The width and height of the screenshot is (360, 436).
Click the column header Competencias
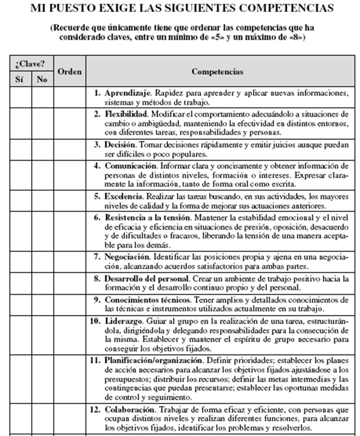tap(217, 72)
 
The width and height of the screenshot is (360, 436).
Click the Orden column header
tap(69, 72)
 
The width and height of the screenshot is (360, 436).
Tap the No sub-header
tap(42, 79)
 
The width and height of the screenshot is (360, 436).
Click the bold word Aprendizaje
tap(128, 93)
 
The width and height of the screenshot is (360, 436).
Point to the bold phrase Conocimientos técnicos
tap(145, 299)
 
